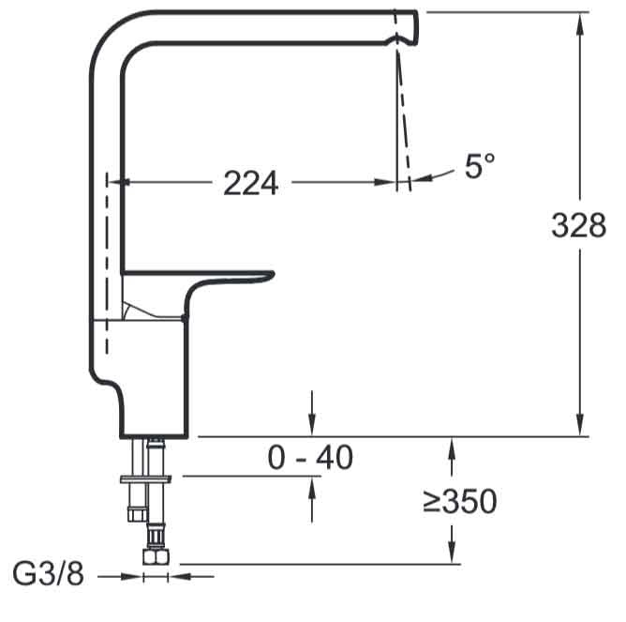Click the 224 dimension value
click(251, 183)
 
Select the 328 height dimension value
click(578, 225)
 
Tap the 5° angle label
click(480, 165)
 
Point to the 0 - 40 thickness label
click(310, 457)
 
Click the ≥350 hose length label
click(460, 501)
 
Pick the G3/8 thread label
click(49, 574)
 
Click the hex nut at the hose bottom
click(156, 556)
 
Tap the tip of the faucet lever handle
click(273, 274)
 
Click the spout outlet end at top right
click(416, 27)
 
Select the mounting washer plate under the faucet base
click(146, 478)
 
